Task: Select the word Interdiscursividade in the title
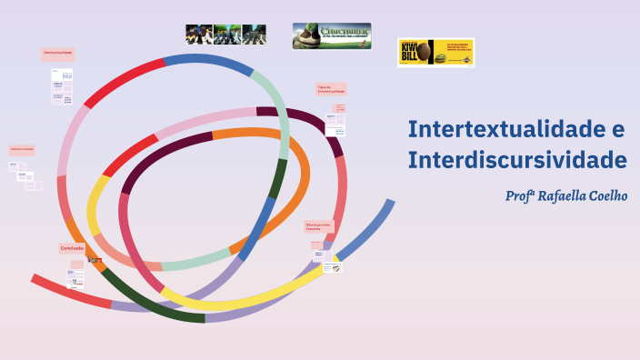click(x=517, y=160)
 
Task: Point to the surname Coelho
click(x=609, y=195)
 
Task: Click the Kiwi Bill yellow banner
click(x=435, y=52)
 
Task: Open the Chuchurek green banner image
click(x=331, y=35)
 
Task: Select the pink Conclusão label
click(x=73, y=247)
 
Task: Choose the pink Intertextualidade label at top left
click(x=58, y=54)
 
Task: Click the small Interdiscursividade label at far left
click(x=23, y=148)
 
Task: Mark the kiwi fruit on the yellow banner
click(x=442, y=59)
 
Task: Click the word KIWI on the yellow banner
click(x=408, y=45)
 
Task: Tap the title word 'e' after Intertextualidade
click(x=618, y=128)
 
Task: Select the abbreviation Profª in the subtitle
click(x=518, y=195)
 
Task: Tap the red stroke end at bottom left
click(x=45, y=283)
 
